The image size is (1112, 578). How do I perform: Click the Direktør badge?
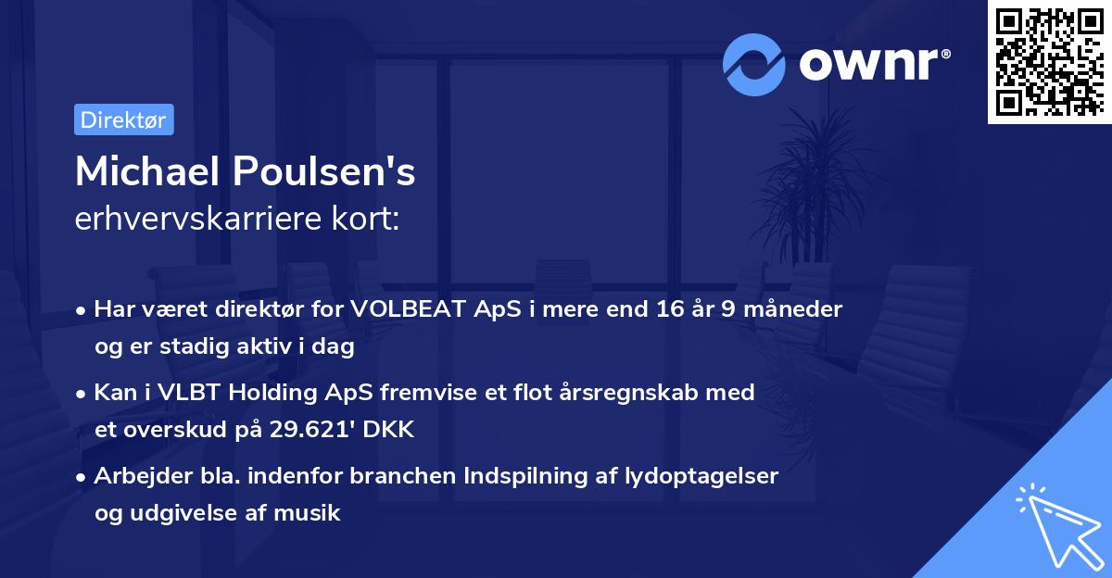pos(122,119)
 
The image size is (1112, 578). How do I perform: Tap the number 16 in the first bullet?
pos(646,309)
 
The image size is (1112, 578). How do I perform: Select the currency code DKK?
pos(394,430)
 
